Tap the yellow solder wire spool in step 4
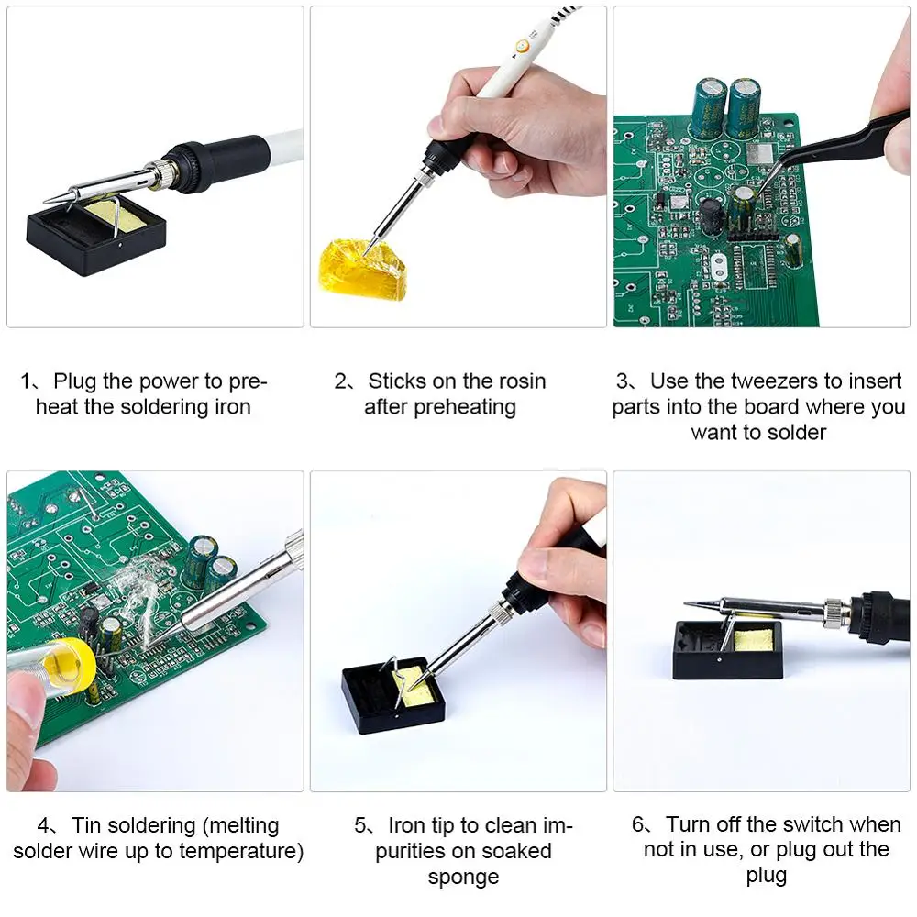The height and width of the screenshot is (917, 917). point(70,661)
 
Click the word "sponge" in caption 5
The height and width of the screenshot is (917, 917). point(463,877)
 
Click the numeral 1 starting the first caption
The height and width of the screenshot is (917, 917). point(27,381)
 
